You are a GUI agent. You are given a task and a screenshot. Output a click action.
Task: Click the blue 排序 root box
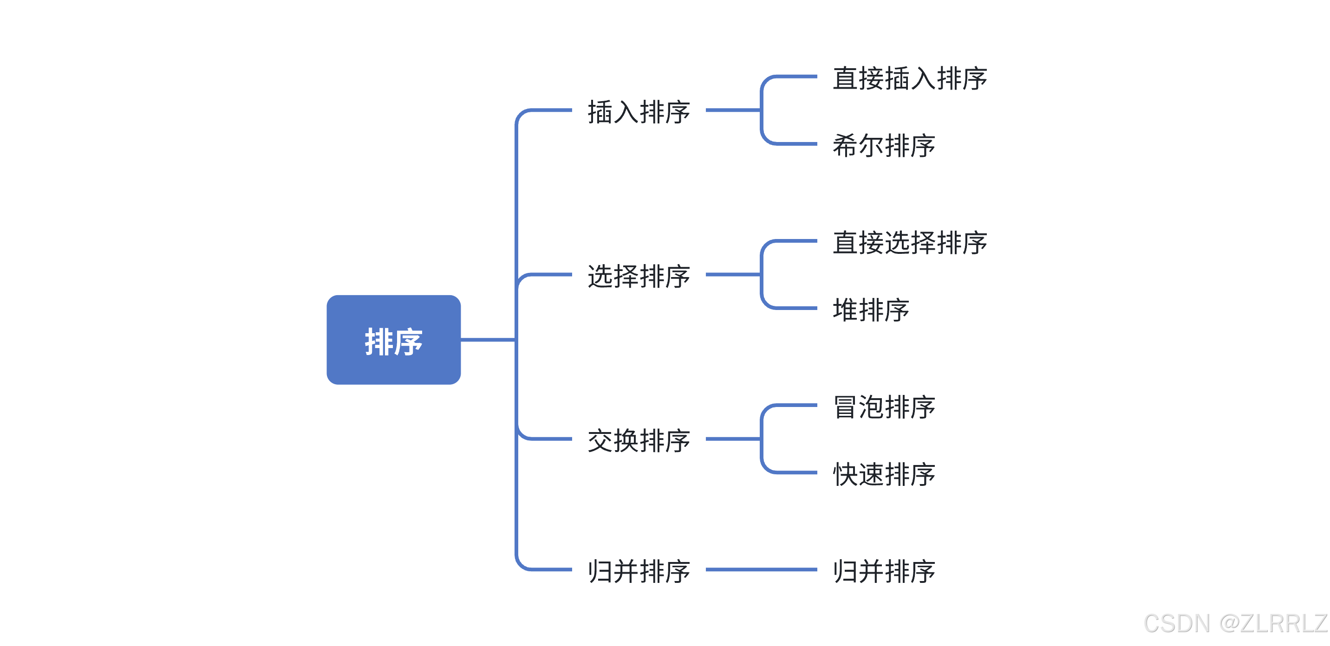click(393, 340)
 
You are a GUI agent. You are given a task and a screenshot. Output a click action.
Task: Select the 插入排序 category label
click(639, 111)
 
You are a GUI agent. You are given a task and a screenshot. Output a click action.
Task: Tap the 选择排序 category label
click(639, 276)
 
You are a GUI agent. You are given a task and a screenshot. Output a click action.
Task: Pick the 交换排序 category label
click(639, 440)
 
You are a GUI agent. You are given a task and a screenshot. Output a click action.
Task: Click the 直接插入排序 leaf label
click(910, 78)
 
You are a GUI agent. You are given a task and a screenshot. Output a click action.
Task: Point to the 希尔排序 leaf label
click(884, 145)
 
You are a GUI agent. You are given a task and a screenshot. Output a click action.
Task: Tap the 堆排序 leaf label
click(871, 310)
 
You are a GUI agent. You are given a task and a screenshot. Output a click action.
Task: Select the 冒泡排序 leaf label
click(884, 407)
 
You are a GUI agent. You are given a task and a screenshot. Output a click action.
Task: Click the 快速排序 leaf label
click(884, 474)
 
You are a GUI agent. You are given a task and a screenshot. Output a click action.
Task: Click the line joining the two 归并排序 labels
click(761, 569)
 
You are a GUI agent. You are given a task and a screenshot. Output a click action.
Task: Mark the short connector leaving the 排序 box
click(488, 340)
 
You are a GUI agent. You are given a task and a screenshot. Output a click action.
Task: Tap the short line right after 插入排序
click(733, 110)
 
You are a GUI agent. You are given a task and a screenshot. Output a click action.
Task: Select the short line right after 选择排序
click(733, 274)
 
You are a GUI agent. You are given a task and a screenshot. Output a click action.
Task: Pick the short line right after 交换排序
click(733, 439)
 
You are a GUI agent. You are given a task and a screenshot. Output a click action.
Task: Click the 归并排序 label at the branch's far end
click(884, 571)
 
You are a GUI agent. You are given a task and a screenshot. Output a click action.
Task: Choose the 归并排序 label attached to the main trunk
click(639, 571)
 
